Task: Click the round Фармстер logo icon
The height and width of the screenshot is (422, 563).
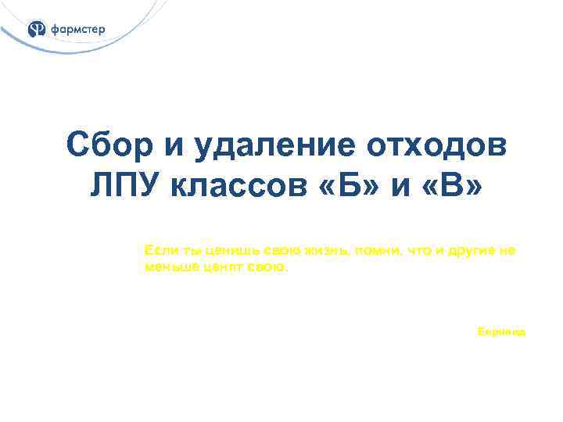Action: coord(37,30)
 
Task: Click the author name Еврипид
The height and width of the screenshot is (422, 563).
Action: coord(501,332)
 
